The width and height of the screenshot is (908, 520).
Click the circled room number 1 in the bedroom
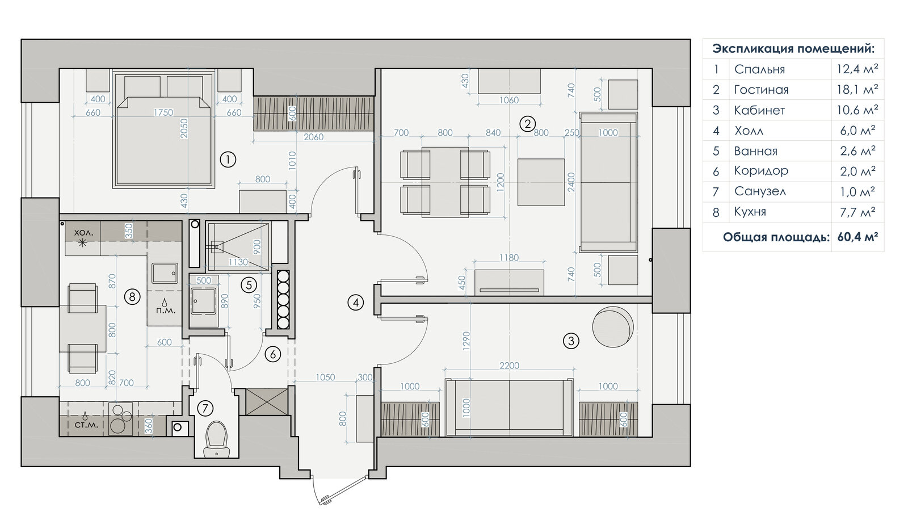point(228,160)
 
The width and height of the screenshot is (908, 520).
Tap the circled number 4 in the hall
point(355,302)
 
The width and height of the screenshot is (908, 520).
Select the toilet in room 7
point(216,439)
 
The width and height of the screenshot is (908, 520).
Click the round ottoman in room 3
point(612,327)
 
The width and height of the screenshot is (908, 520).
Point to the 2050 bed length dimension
point(184,128)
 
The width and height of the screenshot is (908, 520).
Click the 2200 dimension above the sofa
point(509,366)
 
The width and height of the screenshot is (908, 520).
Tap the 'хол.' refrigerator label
point(83,233)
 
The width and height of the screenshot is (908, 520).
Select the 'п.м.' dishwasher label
point(165,311)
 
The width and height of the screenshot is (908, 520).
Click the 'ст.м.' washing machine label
point(86,425)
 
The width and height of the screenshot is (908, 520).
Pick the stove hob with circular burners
point(121,419)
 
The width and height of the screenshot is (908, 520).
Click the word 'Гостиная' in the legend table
point(761,90)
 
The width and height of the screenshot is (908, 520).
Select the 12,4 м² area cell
point(857,69)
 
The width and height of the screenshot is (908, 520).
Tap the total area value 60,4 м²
point(857,237)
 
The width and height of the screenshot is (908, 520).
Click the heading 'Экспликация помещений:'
point(793,49)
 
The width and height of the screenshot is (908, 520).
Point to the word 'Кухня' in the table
point(750,212)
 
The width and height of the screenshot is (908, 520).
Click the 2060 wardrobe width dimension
point(313,137)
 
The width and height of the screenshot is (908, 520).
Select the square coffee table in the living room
point(541,182)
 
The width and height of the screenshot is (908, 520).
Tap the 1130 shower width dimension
point(238,262)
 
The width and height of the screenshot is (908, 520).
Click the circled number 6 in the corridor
point(272,354)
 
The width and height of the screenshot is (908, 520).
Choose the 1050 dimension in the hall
point(325,377)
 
